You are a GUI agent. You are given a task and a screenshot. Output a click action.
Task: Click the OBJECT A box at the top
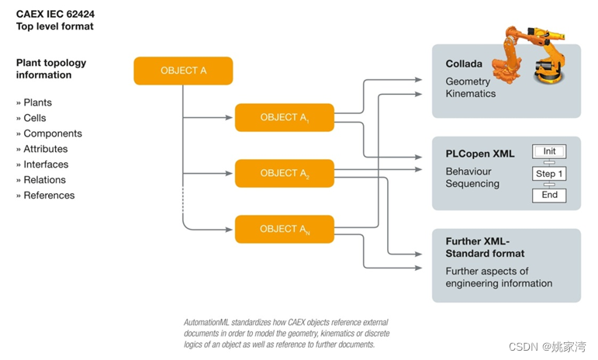tap(183, 71)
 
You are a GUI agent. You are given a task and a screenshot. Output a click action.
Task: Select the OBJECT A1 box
tap(284, 117)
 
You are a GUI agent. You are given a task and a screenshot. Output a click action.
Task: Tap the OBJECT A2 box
tap(284, 173)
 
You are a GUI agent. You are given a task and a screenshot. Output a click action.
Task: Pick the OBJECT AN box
tap(284, 229)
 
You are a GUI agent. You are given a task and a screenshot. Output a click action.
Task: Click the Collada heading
tap(464, 64)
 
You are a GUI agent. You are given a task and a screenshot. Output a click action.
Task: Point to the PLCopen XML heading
tap(479, 154)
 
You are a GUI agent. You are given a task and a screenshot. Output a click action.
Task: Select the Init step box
tap(549, 151)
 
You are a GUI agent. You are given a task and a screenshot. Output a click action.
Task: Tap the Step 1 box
tap(549, 174)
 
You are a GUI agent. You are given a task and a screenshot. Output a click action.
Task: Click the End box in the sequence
tap(549, 195)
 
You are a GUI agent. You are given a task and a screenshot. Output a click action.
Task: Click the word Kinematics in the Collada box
tap(470, 94)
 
